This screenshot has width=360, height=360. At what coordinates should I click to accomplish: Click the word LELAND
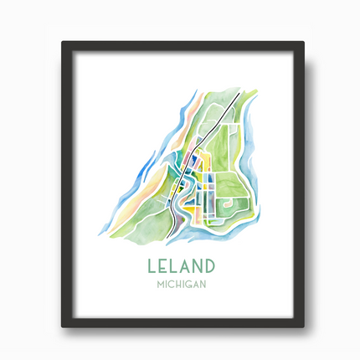[180, 267]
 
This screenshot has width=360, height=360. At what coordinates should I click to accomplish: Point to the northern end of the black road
[239, 94]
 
